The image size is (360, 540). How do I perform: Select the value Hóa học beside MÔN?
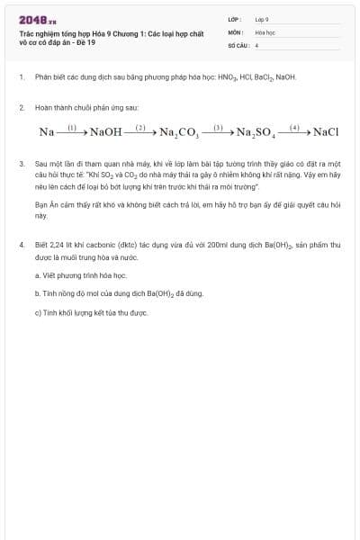click(x=264, y=31)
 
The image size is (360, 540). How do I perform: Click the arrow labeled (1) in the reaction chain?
click(x=74, y=132)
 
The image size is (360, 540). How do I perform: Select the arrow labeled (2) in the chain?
click(x=140, y=132)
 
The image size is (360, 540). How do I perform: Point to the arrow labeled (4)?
click(x=294, y=132)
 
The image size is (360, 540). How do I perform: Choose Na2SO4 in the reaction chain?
click(x=256, y=133)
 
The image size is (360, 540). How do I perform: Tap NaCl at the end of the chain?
click(x=326, y=132)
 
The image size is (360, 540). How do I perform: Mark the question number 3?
click(x=21, y=165)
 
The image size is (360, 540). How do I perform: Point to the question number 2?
click(x=21, y=107)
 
